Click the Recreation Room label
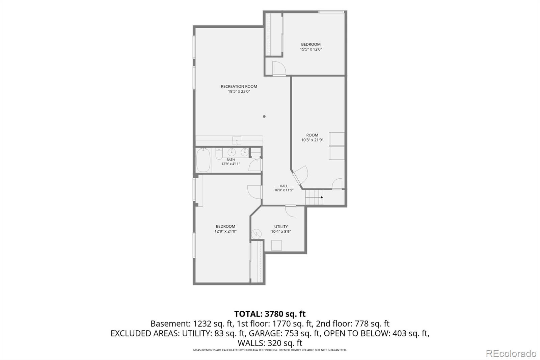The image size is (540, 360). [239, 86]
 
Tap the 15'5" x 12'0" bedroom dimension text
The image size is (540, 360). [311, 49]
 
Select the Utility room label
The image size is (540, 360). [281, 227]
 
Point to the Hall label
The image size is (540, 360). [284, 186]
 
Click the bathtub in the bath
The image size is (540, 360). [203, 160]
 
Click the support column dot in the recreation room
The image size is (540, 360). [264, 116]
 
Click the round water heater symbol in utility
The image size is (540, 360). [256, 234]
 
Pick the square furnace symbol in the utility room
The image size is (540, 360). [276, 246]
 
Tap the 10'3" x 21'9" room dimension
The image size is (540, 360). [312, 140]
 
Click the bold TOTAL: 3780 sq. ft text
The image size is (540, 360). [270, 314]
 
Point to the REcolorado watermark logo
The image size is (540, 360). [511, 354]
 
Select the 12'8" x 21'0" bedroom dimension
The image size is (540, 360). [225, 231]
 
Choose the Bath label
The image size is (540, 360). [231, 160]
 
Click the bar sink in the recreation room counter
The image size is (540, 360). [237, 140]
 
